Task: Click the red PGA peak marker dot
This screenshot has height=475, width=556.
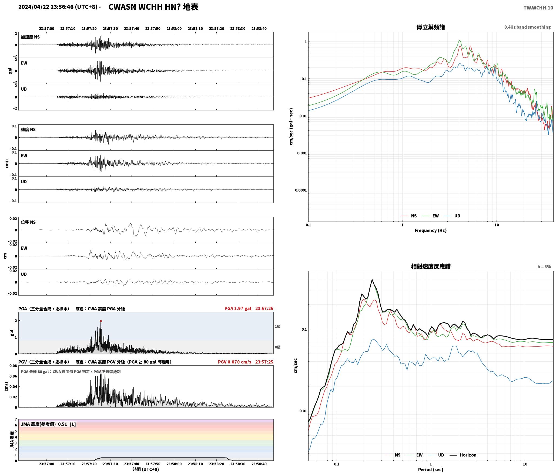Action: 101,321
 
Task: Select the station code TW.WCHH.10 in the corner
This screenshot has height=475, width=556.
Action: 538,8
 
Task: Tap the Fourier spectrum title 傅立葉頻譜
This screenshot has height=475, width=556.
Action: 431,27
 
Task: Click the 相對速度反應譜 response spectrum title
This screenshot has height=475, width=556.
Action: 431,266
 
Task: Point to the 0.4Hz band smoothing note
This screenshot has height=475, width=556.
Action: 527,27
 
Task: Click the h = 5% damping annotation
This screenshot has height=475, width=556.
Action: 544,267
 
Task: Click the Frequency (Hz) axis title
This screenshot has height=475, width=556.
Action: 431,230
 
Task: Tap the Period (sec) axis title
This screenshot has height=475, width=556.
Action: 431,470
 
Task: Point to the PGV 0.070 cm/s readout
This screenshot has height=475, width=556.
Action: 235,362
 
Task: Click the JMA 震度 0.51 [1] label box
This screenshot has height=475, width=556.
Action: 48,424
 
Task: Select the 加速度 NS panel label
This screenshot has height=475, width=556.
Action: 30,37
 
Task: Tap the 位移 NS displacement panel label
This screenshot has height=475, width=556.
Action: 28,222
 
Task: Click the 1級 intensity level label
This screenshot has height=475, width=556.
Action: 277,326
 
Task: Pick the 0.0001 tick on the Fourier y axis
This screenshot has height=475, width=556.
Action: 301,190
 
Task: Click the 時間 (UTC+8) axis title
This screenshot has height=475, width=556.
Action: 146,469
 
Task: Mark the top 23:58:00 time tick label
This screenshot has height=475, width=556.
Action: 174,29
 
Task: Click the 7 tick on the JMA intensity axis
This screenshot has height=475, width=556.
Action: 16,419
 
